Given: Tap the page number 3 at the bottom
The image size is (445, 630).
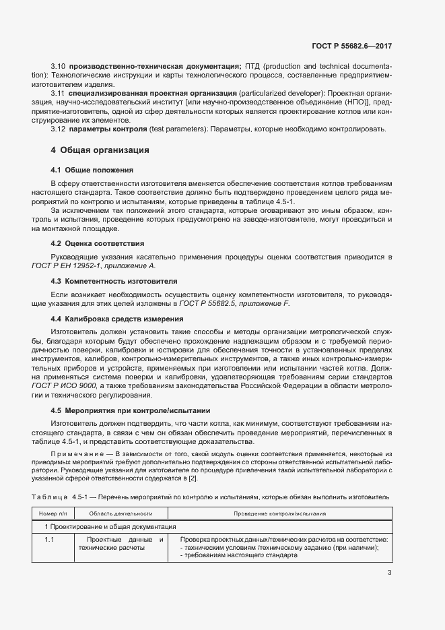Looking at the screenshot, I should click(x=389, y=573).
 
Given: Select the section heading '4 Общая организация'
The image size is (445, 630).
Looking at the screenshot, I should click(x=100, y=150).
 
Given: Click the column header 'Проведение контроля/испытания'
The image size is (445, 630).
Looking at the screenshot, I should click(x=280, y=513).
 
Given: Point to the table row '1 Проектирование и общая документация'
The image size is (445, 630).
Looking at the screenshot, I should click(x=110, y=526).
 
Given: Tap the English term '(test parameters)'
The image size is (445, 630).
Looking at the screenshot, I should click(x=176, y=129).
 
